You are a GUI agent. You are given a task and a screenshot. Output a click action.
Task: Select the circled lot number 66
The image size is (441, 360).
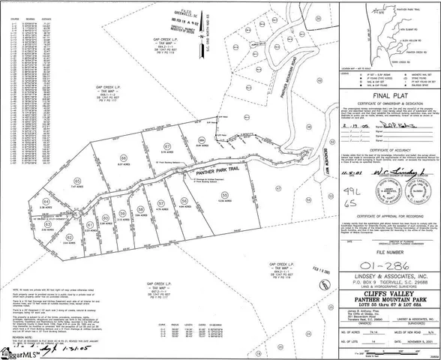click(123, 157)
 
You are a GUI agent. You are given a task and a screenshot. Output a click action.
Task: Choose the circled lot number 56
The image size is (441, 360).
click(184, 199)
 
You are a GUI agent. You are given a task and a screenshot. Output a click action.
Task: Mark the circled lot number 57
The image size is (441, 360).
click(162, 203)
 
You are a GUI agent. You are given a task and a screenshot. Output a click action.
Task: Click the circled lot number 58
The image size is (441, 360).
click(140, 208)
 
